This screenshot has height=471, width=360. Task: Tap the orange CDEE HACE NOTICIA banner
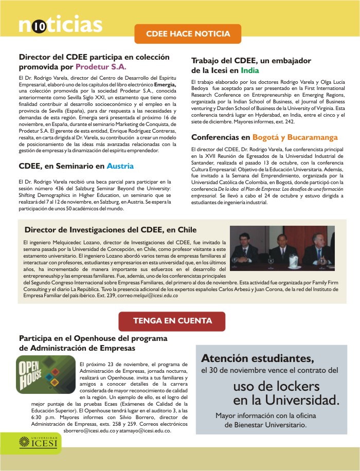click(x=188, y=34)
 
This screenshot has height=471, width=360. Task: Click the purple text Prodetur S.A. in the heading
click(x=101, y=67)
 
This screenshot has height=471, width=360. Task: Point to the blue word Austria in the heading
click(x=120, y=166)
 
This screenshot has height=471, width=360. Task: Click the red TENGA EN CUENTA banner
click(x=172, y=321)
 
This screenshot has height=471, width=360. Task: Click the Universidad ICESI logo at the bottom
click(x=40, y=441)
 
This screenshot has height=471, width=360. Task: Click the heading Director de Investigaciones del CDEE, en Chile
click(x=111, y=229)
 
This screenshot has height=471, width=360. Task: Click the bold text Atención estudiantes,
click(x=257, y=358)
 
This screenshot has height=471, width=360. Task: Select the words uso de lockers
click(x=276, y=386)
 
